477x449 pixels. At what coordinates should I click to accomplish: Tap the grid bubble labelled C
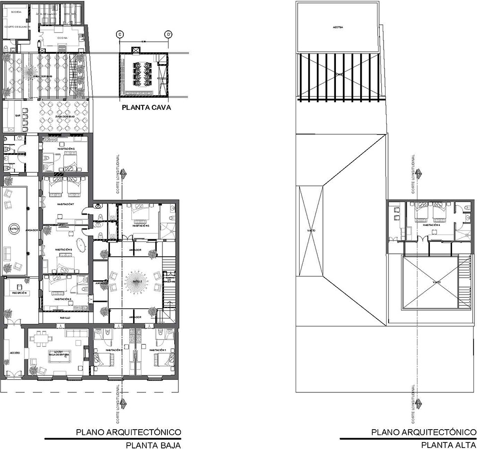point(119,34)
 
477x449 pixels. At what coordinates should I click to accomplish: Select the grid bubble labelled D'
point(168,34)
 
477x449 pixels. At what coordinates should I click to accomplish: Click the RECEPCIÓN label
point(15,293)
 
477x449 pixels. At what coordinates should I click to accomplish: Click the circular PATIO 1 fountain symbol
point(13,229)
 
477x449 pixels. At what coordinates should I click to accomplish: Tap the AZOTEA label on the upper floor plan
point(338,27)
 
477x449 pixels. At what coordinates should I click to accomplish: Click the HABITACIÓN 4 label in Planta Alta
point(430,224)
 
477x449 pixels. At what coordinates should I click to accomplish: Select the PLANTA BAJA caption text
point(153,445)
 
